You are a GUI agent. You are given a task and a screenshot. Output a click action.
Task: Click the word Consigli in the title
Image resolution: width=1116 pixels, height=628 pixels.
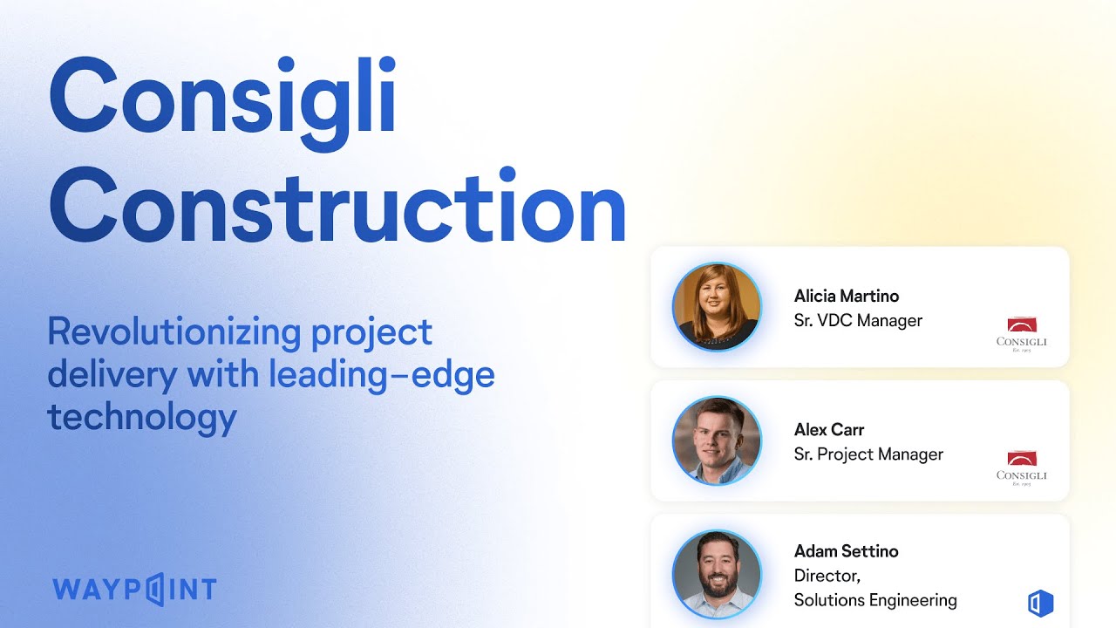pos(223,96)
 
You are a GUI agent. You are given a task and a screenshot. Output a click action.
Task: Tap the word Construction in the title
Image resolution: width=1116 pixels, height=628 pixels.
pos(337,207)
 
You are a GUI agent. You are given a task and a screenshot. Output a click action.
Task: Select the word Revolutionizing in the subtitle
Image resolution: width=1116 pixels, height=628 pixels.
pos(161,332)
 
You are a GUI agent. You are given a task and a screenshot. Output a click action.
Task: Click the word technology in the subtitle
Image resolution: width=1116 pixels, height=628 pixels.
pos(142,417)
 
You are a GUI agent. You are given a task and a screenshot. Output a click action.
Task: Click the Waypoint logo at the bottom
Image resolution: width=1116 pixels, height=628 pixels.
pos(134,589)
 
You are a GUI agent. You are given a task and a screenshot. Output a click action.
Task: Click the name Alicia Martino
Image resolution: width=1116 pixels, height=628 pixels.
pos(846,296)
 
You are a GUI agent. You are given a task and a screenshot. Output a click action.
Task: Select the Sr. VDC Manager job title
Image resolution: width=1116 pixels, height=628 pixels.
pos(858,320)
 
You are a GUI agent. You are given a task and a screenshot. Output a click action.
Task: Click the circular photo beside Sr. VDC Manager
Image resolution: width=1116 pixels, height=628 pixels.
pos(717,307)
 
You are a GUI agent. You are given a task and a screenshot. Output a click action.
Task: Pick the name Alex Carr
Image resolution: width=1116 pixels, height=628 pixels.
pos(828,429)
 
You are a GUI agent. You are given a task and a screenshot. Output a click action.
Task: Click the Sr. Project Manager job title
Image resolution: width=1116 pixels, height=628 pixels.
pos(868,454)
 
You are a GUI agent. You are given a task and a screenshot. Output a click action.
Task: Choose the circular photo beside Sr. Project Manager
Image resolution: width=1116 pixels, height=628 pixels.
pos(717,440)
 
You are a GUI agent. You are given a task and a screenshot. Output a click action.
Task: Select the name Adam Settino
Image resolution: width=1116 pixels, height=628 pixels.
pos(846,550)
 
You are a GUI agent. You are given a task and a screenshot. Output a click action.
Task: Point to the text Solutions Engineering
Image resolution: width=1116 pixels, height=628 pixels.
pos(875,600)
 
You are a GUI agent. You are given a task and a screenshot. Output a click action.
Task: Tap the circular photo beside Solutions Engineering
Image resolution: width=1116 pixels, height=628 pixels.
pos(717,574)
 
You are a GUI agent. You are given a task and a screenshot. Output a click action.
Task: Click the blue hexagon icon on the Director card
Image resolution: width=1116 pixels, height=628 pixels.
pos(1040,603)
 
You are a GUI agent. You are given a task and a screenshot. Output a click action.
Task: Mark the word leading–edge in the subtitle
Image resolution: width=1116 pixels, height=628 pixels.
pos(381,375)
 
